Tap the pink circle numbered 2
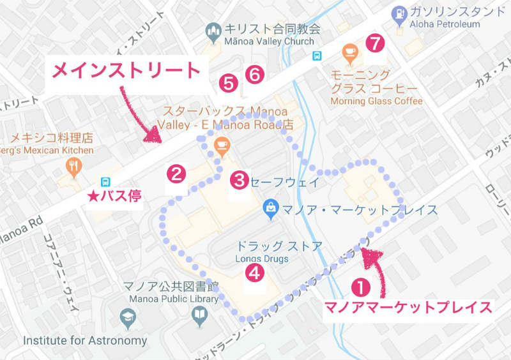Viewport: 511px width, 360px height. (x=176, y=173)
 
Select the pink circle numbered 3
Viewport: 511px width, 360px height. (x=239, y=179)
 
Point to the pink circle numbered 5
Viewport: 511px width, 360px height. (x=228, y=82)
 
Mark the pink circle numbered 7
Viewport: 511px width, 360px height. (x=376, y=43)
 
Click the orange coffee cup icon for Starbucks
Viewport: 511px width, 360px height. (x=221, y=144)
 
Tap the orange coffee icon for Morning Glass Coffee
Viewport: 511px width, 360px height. (x=349, y=52)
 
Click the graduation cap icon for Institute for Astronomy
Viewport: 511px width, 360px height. (x=127, y=317)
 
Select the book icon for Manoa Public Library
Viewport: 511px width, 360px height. (x=200, y=315)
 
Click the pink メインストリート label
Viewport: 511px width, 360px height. (x=126, y=70)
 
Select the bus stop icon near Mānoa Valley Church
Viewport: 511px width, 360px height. (x=317, y=56)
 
